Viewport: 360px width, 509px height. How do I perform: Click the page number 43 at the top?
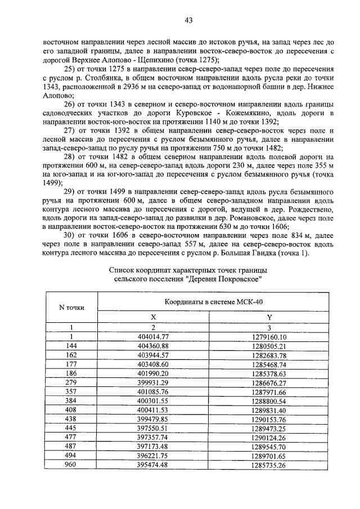[188, 21]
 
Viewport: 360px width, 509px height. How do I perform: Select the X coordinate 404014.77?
[153, 336]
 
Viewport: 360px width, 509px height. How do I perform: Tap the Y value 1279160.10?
[269, 336]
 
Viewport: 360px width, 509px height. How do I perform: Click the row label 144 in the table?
[71, 345]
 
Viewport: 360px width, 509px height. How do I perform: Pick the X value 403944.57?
[153, 355]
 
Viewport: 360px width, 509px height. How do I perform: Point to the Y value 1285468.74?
[269, 364]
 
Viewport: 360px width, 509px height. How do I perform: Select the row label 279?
[71, 382]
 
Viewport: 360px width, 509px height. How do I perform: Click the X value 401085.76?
[153, 391]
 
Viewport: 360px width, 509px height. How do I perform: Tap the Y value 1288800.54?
[269, 401]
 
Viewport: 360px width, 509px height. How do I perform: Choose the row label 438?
[71, 420]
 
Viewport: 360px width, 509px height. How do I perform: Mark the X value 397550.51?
[153, 429]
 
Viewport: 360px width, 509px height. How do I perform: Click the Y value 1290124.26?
[269, 438]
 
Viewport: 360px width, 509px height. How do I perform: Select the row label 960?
[71, 466]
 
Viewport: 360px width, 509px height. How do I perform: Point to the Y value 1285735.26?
[269, 466]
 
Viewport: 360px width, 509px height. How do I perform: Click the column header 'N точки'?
[71, 307]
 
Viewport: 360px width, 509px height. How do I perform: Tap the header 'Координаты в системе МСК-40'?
[213, 302]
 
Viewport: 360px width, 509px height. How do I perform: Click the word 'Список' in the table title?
[121, 270]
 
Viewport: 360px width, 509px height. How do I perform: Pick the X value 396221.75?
[153, 456]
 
